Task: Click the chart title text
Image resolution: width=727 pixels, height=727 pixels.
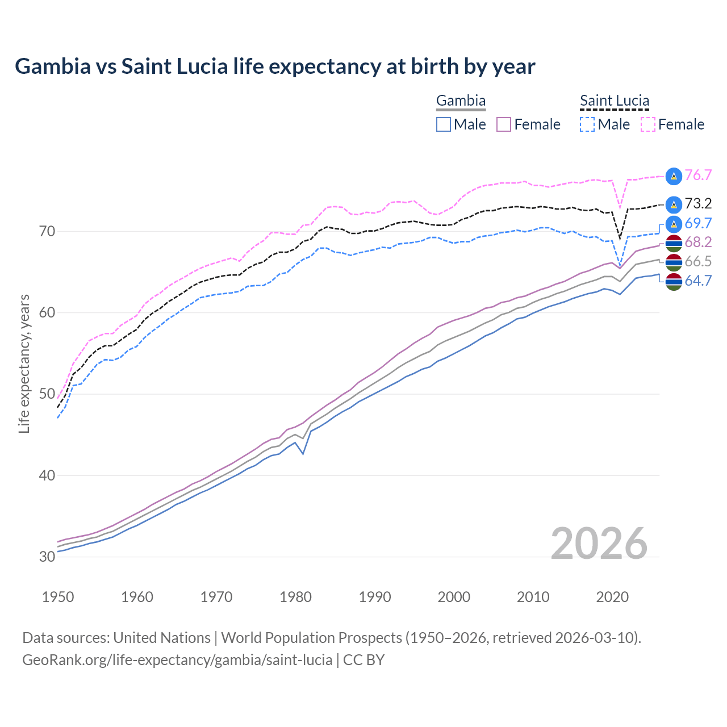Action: tap(275, 66)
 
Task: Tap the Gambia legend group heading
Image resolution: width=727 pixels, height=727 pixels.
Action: tap(461, 101)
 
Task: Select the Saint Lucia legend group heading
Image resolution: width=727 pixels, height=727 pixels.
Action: tap(615, 101)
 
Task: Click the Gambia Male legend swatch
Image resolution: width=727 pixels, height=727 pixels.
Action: tap(444, 124)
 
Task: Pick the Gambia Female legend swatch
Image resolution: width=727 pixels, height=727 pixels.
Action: tap(504, 124)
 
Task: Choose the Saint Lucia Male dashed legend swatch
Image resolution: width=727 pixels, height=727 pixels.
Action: tap(587, 124)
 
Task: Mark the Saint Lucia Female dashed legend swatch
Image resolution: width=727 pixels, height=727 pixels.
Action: tap(648, 124)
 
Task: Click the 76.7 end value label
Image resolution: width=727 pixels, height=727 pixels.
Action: tap(698, 176)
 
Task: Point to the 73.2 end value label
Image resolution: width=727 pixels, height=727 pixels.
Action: tap(698, 204)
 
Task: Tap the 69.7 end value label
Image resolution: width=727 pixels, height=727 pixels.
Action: tap(698, 223)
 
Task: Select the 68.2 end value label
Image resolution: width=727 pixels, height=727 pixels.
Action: tap(698, 243)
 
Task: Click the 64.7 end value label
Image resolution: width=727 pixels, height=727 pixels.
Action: tap(698, 281)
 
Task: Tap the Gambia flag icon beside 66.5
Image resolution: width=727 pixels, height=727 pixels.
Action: tap(674, 262)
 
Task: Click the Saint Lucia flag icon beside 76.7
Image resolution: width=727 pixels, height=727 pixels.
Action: tap(674, 176)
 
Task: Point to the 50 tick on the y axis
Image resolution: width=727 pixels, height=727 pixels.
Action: tap(47, 394)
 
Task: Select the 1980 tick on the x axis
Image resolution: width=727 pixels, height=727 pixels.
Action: tap(295, 597)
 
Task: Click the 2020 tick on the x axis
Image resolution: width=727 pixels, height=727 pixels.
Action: tap(612, 597)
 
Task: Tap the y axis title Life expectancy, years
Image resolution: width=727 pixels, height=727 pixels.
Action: tap(24, 363)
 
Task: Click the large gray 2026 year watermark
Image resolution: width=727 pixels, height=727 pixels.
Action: tap(599, 544)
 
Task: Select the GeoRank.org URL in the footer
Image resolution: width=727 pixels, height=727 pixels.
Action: tap(177, 660)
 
